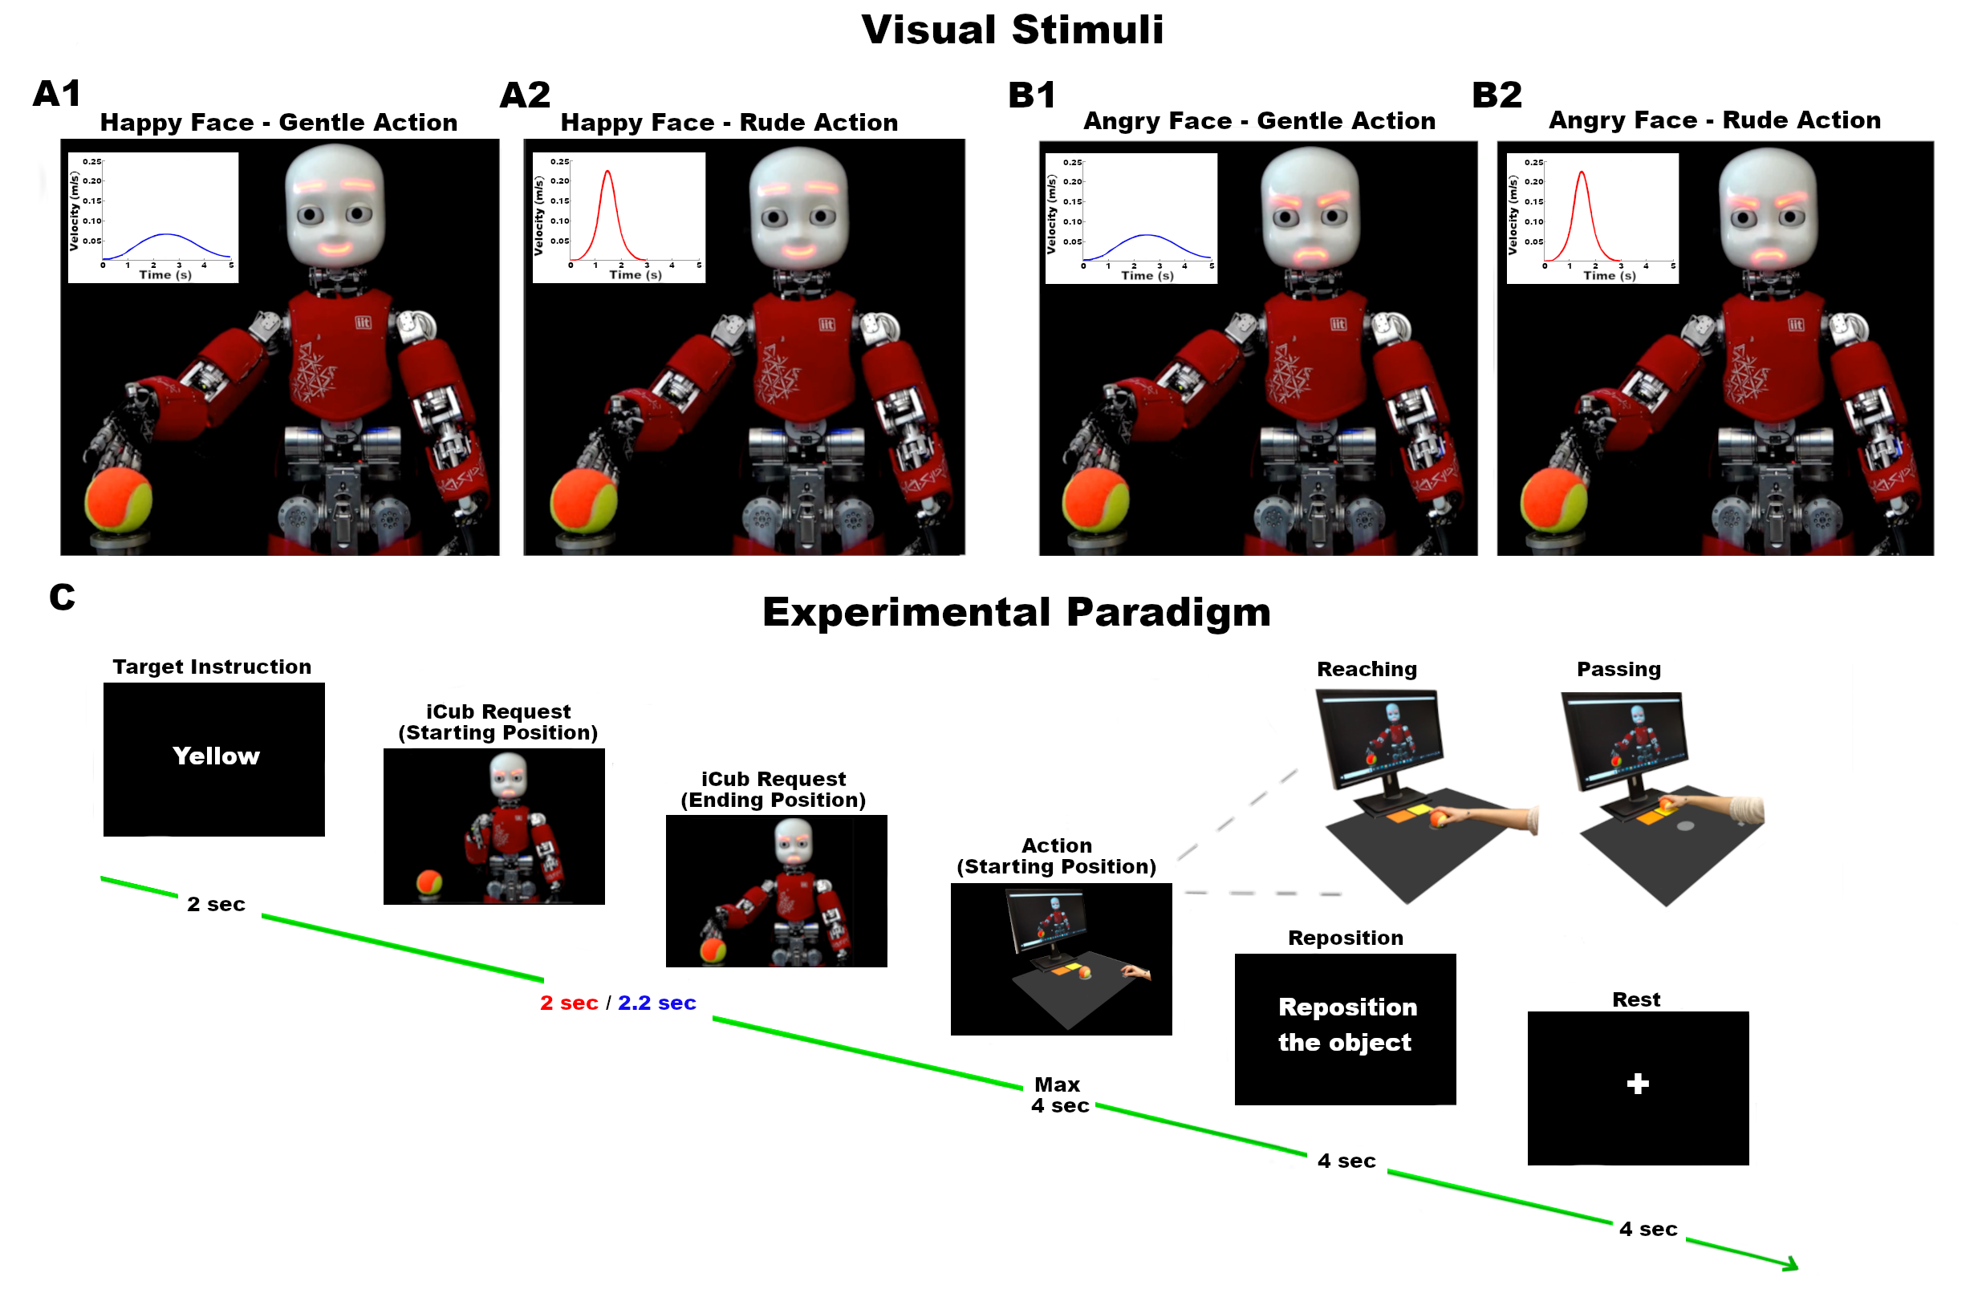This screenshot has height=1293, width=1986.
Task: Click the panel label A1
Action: (57, 93)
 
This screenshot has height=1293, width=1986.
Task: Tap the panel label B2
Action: (1497, 95)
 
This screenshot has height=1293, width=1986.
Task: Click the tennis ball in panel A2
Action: (583, 501)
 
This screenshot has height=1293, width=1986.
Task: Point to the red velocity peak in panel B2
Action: (1581, 175)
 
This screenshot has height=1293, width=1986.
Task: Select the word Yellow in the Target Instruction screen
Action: (216, 756)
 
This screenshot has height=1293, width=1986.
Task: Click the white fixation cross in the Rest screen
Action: (1637, 1084)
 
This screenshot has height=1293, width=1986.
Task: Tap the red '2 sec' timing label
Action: (568, 1003)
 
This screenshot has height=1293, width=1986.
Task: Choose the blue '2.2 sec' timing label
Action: (656, 1003)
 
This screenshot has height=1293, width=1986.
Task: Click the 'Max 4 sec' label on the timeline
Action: (1059, 1094)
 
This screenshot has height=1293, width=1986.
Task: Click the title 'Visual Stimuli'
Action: (1011, 30)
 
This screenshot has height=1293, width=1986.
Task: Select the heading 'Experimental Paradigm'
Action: (1016, 612)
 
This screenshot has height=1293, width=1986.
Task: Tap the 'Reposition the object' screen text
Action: (1346, 1024)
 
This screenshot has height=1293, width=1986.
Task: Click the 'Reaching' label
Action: (1366, 669)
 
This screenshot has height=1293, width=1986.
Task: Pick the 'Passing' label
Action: (1618, 669)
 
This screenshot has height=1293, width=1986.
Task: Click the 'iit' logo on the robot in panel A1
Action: (363, 322)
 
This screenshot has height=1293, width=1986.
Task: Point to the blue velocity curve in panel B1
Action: (1148, 236)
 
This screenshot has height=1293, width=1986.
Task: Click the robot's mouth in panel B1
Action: (1310, 253)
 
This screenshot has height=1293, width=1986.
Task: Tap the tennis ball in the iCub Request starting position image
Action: (429, 881)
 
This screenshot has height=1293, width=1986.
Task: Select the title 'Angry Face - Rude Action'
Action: (1714, 120)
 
